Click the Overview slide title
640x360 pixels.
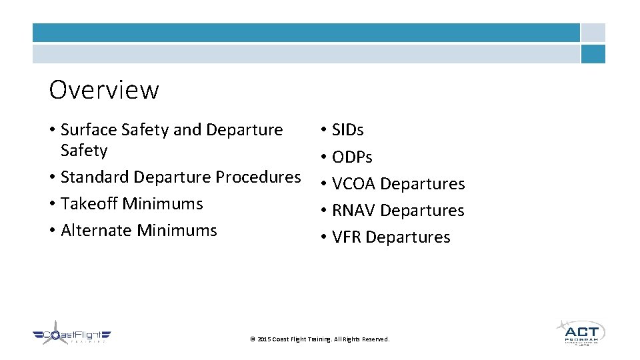[x=104, y=90]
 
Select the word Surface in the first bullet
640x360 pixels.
[x=89, y=130]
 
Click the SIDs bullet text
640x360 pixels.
[x=347, y=130]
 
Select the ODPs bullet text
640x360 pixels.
[x=352, y=157]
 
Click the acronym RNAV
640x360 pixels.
[x=354, y=211]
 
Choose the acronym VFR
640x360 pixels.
[x=347, y=237]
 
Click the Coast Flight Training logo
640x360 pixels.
[x=71, y=337]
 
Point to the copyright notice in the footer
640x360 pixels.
[x=319, y=339]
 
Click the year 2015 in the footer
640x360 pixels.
[x=263, y=339]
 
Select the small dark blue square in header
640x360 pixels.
[x=593, y=54]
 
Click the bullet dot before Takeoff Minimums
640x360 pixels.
[x=52, y=204]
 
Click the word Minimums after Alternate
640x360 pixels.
[x=177, y=231]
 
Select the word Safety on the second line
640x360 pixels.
[x=84, y=151]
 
